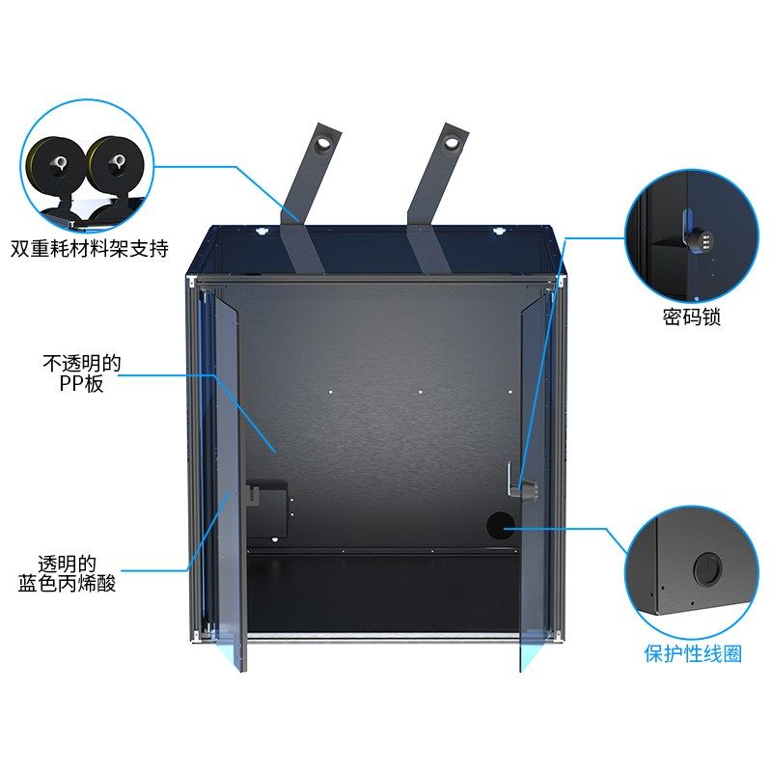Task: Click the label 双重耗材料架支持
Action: point(90,250)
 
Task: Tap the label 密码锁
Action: point(691,317)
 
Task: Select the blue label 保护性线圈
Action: point(693,653)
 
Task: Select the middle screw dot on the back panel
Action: point(421,392)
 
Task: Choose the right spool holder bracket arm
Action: point(431,198)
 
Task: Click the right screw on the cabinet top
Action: point(498,231)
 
